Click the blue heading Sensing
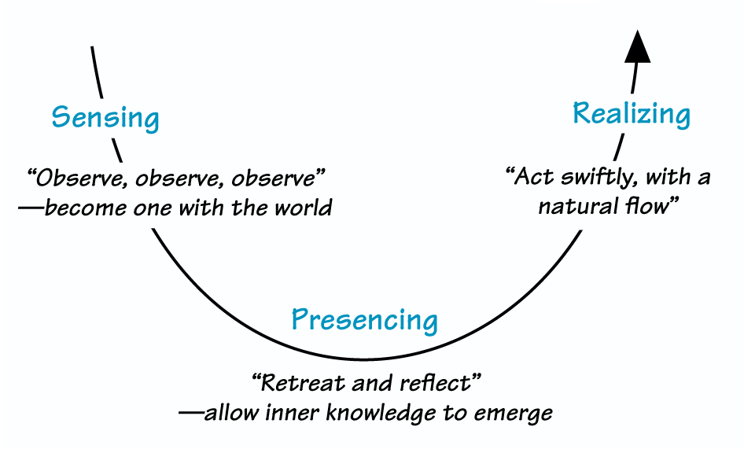[x=105, y=118]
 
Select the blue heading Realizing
[x=632, y=114]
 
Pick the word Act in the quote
[x=532, y=177]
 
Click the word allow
[x=228, y=412]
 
